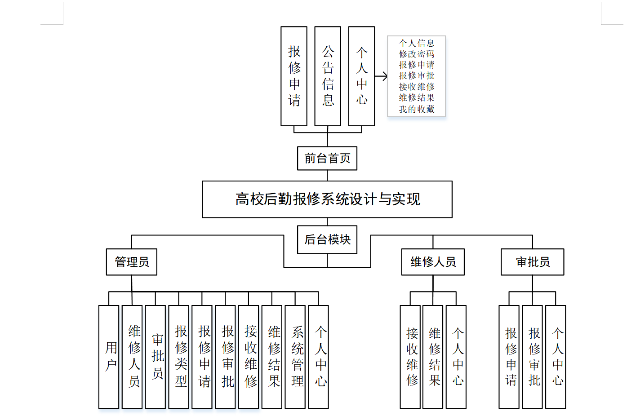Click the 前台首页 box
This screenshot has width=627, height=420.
[x=327, y=158]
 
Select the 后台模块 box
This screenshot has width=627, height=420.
[x=327, y=239]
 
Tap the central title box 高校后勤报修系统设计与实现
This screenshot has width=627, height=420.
[x=327, y=199]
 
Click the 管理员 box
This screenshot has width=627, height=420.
[x=132, y=262]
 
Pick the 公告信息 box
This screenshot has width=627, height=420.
[x=328, y=76]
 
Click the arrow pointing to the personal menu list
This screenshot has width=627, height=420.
[x=381, y=76]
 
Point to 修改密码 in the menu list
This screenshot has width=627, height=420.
[x=417, y=54]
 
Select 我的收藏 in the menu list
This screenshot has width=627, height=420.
[x=417, y=109]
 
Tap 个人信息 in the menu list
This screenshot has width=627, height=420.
[x=417, y=43]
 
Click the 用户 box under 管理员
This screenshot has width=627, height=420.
[x=109, y=357]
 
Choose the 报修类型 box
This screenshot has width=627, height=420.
[x=178, y=357]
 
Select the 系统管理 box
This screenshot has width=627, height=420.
[x=295, y=357]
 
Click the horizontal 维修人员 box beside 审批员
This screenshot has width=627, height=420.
[x=433, y=262]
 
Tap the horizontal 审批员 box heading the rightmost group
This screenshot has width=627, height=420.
[x=533, y=262]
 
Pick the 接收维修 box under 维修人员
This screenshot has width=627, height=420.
[x=410, y=357]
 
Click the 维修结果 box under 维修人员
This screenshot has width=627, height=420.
[x=433, y=357]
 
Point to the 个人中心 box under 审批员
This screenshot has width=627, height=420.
[x=556, y=357]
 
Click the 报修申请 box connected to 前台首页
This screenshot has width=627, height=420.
[x=294, y=76]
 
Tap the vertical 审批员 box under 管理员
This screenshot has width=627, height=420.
[x=156, y=357]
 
